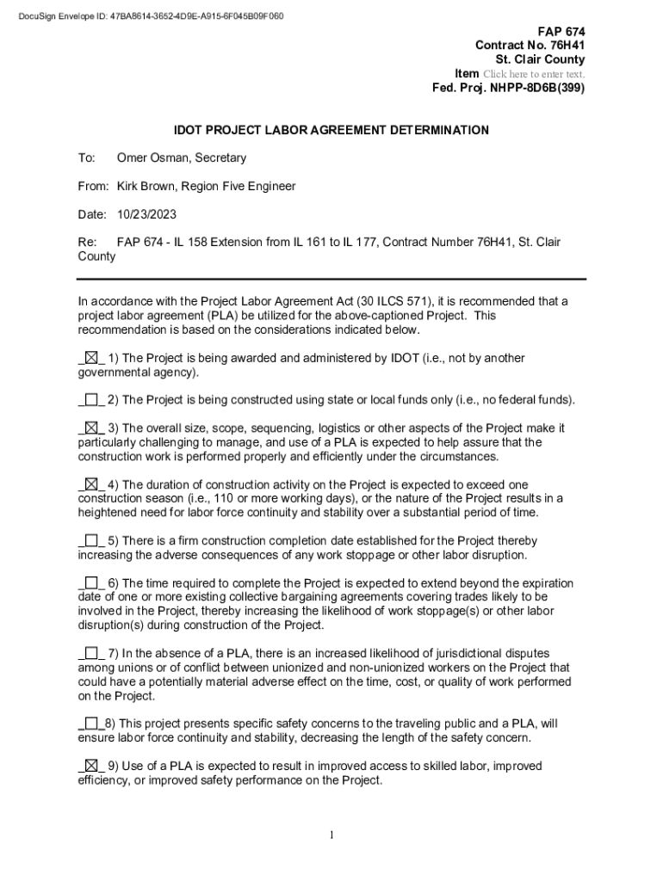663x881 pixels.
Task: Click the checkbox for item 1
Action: point(91,358)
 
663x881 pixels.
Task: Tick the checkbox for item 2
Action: point(91,399)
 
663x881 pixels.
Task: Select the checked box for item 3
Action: point(91,428)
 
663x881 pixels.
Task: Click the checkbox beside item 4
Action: point(91,484)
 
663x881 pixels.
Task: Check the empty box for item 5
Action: point(91,540)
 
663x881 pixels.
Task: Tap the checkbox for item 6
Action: point(91,582)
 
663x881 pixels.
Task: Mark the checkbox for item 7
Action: point(91,653)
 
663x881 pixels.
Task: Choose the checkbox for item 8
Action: point(91,724)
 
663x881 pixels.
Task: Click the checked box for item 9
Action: point(91,766)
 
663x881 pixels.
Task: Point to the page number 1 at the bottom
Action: point(331,835)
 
